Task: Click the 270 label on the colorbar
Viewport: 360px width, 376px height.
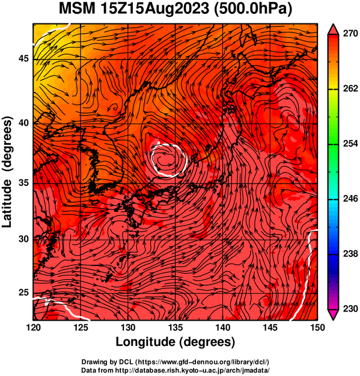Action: click(x=350, y=34)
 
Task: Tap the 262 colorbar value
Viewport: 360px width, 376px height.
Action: click(x=350, y=88)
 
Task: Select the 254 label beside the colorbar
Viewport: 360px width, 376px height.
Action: click(x=350, y=144)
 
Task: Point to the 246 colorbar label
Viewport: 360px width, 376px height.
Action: click(x=350, y=199)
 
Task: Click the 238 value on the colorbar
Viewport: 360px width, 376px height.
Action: click(x=350, y=254)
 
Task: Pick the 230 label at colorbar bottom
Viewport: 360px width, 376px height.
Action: click(x=350, y=309)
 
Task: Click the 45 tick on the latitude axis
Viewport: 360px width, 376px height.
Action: click(x=23, y=58)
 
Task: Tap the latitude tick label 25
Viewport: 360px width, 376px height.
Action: click(x=23, y=293)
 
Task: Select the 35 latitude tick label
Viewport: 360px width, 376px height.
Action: click(x=23, y=183)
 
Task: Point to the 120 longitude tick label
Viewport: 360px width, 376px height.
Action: click(x=33, y=327)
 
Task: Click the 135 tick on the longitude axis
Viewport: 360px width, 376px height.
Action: click(x=175, y=327)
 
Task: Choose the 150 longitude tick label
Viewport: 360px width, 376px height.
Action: click(x=317, y=327)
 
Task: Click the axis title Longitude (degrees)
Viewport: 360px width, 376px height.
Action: click(x=175, y=342)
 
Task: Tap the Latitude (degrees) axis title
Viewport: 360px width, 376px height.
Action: click(x=7, y=171)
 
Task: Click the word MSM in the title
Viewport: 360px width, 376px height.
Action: click(x=77, y=9)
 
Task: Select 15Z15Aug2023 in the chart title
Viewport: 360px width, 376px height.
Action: click(x=155, y=9)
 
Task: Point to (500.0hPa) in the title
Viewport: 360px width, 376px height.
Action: click(x=253, y=10)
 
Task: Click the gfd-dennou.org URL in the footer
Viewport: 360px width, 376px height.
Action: click(x=203, y=362)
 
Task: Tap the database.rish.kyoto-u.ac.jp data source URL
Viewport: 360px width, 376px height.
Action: click(x=192, y=370)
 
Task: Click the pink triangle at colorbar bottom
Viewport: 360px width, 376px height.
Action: click(x=333, y=315)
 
